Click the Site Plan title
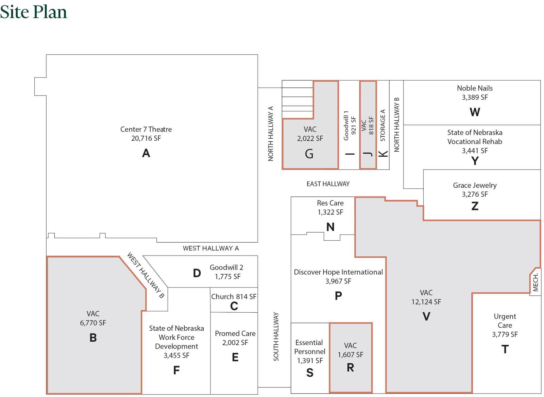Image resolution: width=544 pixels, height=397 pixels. coord(33,12)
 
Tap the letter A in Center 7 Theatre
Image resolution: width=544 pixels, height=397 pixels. coord(146,153)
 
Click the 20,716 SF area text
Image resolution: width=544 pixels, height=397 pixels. coord(146,138)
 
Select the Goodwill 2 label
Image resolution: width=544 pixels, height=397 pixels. coord(226,267)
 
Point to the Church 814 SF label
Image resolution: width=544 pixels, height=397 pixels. coord(234,296)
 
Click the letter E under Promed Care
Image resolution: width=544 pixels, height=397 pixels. coord(235,357)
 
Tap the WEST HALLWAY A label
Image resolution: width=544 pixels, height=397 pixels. coord(211,248)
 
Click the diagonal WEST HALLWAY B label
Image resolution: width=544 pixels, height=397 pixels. coord(146,275)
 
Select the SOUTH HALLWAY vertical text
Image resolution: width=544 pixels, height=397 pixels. coord(276,336)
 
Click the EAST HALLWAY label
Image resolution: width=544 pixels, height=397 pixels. coord(328,184)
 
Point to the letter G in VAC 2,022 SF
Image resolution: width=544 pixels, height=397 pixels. coord(309,154)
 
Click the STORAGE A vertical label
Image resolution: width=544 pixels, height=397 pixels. coord(383,125)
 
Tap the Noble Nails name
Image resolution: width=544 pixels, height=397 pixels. coord(475,88)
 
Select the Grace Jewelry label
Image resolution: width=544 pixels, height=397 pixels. coord(475,185)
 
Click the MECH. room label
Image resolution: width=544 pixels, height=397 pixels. coord(535,282)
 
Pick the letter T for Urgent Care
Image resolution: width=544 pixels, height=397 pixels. coord(505,349)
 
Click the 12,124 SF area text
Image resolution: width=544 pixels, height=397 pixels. coord(426,302)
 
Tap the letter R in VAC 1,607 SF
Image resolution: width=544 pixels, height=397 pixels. coord(350,367)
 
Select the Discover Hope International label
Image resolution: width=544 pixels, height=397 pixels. coord(338,272)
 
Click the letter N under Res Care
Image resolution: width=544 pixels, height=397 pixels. coord(330,227)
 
